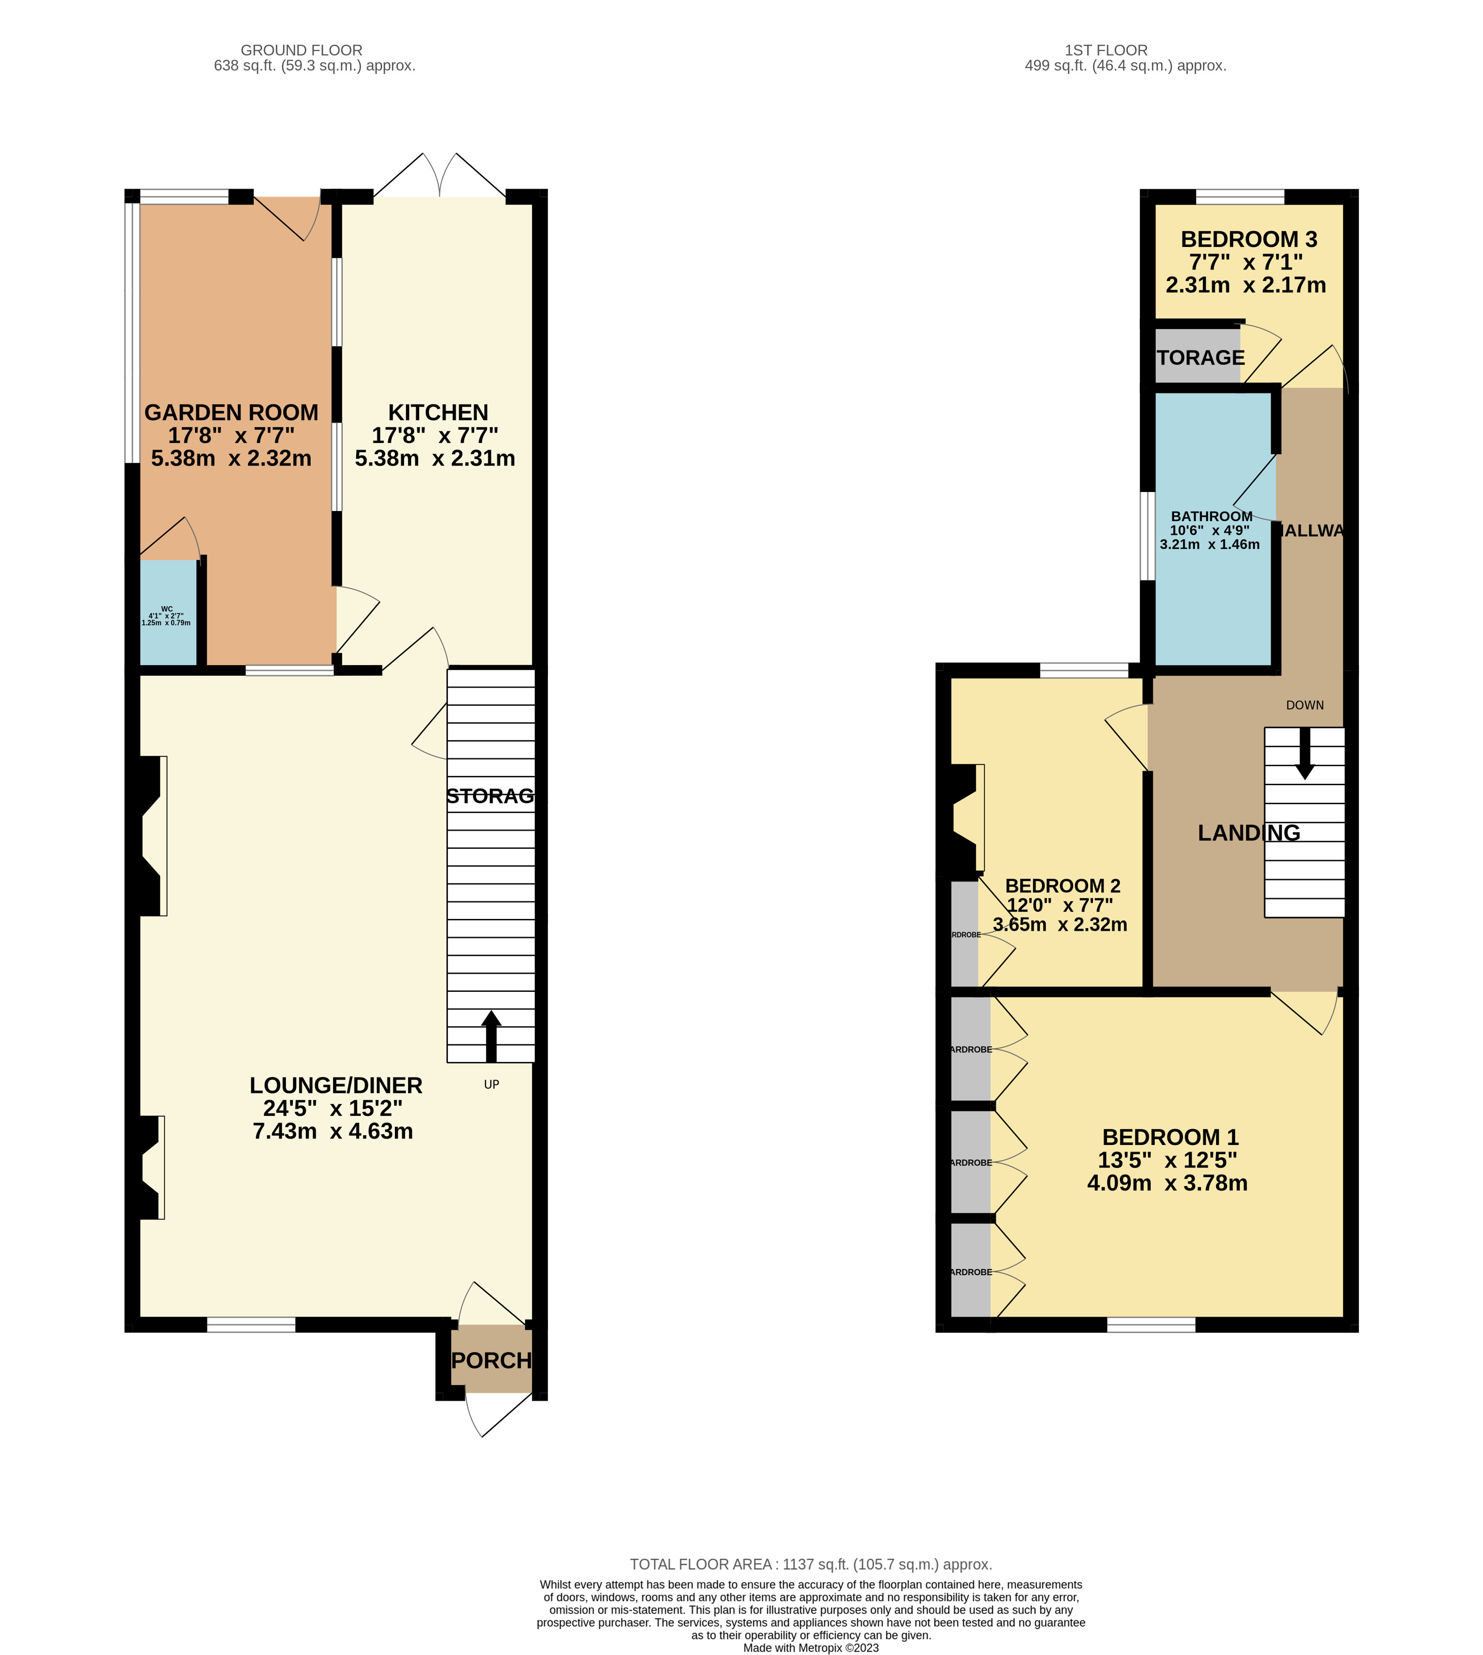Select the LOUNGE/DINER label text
tap(335, 1085)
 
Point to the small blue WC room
tap(168, 613)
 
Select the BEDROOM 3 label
tap(1248, 240)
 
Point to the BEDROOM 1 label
tap(1170, 1138)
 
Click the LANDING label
tap(1248, 833)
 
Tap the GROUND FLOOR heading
tap(301, 51)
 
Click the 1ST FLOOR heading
tap(1106, 51)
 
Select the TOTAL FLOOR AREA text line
tap(810, 1565)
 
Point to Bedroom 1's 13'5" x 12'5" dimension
tap(1167, 1161)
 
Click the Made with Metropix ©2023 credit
tap(810, 1648)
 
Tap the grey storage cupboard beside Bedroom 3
tap(1198, 357)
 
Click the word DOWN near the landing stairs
tap(1305, 705)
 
